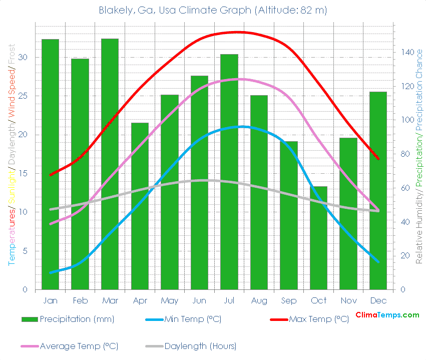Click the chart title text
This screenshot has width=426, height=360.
point(213,11)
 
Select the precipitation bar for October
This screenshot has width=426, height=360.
point(318,238)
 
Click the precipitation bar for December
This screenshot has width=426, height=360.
point(378,191)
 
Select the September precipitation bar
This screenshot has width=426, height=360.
point(288,215)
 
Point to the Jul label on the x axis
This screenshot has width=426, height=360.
point(229,300)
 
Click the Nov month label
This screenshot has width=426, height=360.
point(348,300)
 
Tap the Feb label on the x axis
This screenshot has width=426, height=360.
point(80,300)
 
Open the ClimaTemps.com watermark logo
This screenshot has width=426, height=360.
point(387,315)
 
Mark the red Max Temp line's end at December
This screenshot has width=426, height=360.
point(378,159)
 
